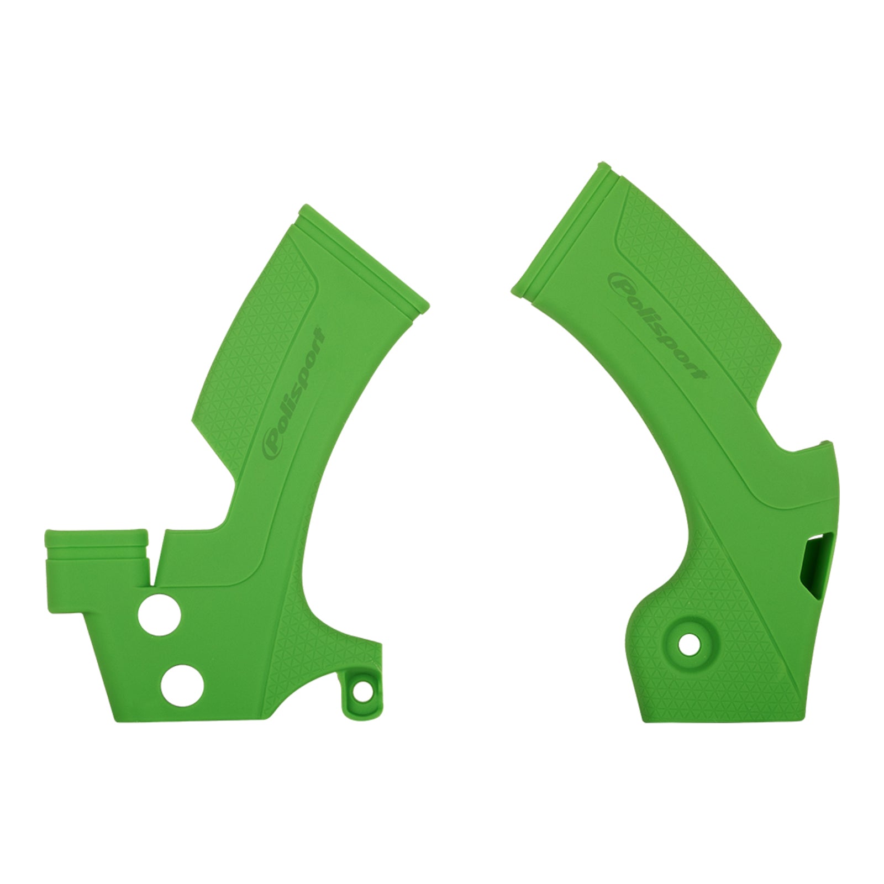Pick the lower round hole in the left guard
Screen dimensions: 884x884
[182, 686]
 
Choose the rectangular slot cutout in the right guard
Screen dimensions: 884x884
[815, 578]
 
